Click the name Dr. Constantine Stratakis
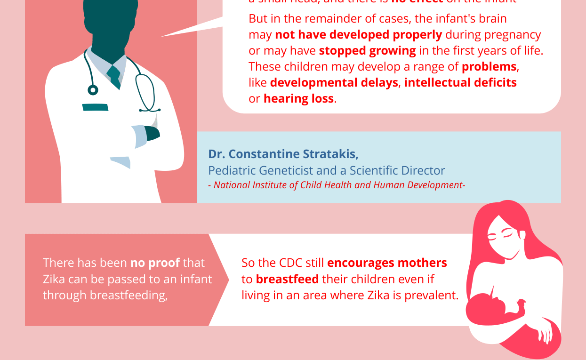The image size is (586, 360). tap(283, 154)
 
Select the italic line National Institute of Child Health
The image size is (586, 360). tap(337, 185)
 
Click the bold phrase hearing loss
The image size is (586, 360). tap(298, 99)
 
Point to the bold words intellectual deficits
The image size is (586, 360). tap(460, 83)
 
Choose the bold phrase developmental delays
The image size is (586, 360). tap(334, 83)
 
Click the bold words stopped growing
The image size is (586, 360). tap(367, 51)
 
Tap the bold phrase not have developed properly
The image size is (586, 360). tap(358, 35)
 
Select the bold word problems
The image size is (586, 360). tap(489, 67)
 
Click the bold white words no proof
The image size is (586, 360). tap(155, 263)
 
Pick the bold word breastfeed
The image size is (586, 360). tap(287, 279)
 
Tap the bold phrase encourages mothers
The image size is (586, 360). tap(387, 263)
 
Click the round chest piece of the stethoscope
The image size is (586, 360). tap(93, 90)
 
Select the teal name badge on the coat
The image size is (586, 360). tap(95, 107)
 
